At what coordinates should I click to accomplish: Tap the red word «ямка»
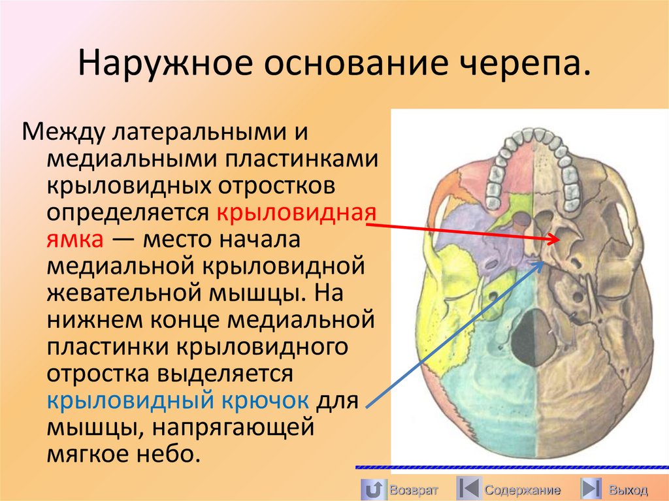(x=74, y=240)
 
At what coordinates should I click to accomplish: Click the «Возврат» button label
(x=412, y=490)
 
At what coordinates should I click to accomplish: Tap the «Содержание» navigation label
(x=522, y=490)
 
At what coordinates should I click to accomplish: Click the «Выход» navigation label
(x=628, y=490)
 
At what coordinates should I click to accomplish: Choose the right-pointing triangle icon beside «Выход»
(x=591, y=489)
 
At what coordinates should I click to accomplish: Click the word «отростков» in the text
(x=273, y=186)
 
